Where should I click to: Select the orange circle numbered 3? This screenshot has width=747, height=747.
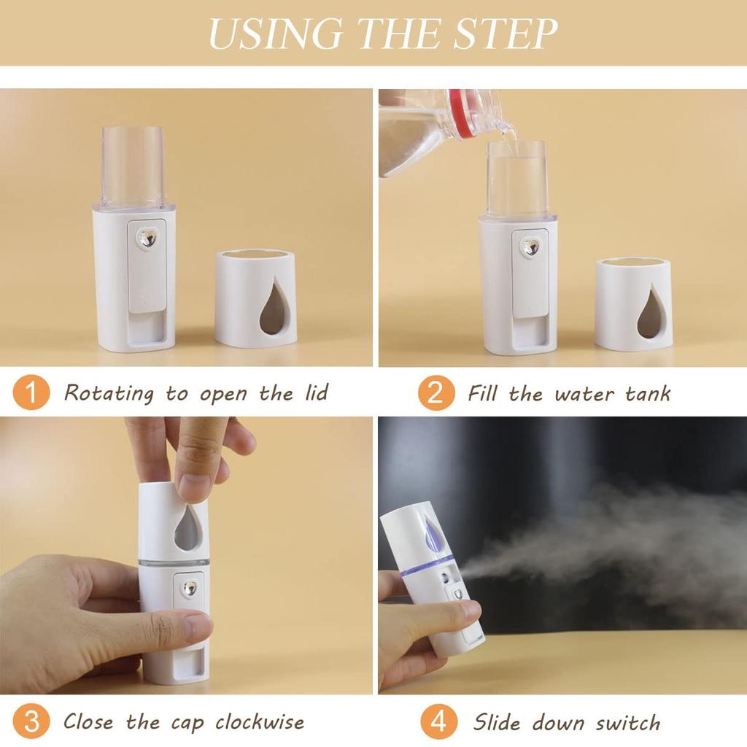(31, 722)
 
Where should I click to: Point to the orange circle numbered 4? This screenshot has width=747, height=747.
(438, 722)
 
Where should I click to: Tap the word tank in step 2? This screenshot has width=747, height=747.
(648, 394)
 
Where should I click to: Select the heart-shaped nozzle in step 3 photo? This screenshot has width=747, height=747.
(190, 588)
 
